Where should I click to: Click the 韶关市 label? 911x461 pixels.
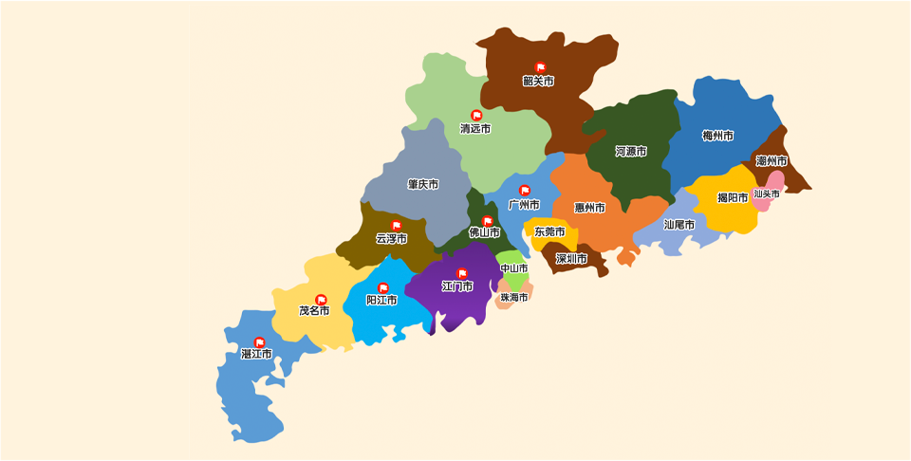click(538, 82)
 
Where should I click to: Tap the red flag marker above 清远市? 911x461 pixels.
click(476, 116)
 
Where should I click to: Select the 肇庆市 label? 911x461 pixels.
click(423, 184)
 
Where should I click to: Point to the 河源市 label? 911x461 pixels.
click(631, 152)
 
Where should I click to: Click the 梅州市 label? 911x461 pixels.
click(717, 136)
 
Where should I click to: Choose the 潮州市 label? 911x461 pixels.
click(772, 161)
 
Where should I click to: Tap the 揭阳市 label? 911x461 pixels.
click(733, 198)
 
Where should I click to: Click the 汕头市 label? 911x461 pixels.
click(767, 194)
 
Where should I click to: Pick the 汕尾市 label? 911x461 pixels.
click(679, 225)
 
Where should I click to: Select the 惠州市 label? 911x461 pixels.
click(589, 208)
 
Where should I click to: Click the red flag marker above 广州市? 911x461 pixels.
click(525, 191)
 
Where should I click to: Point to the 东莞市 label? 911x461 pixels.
click(549, 231)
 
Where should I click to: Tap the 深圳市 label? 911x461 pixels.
click(571, 258)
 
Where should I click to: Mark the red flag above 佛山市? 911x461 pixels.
click(488, 221)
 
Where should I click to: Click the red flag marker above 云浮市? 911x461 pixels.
click(396, 226)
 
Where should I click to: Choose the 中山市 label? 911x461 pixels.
click(514, 268)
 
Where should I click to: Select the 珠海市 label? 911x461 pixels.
click(514, 297)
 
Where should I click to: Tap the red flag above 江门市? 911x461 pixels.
click(462, 273)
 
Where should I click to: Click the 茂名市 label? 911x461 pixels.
click(314, 310)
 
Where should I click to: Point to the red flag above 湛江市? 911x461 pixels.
click(259, 342)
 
